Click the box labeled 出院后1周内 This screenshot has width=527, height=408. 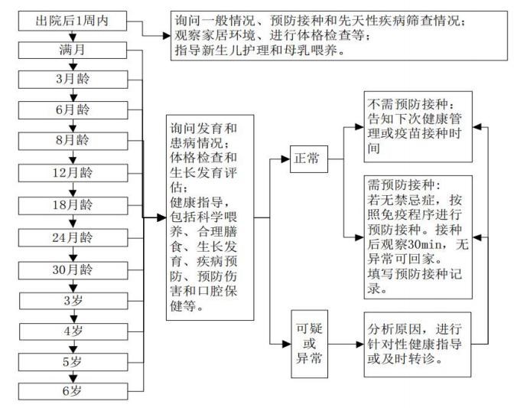click(73, 21)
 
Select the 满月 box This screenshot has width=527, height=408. click(73, 50)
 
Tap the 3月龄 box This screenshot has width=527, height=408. click(73, 80)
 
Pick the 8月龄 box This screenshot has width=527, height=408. click(73, 141)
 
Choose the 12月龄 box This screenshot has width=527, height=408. click(73, 173)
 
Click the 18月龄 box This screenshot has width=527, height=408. click(73, 205)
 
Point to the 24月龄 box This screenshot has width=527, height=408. click(73, 238)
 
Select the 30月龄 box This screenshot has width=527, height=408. click(73, 270)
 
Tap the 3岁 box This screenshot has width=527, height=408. click(73, 301)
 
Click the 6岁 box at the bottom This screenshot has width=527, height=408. click(73, 391)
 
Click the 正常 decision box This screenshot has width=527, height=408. click(309, 159)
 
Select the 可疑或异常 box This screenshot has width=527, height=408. click(310, 344)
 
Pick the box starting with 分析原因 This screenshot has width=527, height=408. click(418, 344)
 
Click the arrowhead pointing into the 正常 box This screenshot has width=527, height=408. click(286, 159)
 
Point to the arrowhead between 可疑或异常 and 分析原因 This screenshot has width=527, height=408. click(359, 344)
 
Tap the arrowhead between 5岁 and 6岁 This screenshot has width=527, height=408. click(73, 379)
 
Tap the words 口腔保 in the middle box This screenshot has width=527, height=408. click(217, 291)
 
